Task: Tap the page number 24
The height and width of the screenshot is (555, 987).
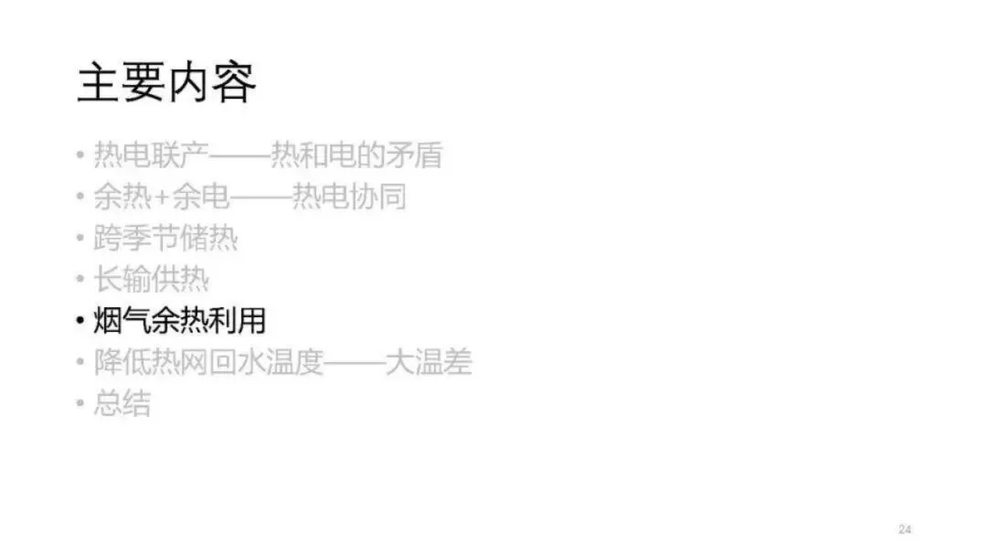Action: (x=905, y=529)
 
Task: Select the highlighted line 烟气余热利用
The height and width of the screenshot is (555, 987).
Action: (x=179, y=321)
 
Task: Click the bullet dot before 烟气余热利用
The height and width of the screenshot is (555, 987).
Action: (x=81, y=321)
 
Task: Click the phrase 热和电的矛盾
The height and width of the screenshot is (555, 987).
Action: (x=356, y=155)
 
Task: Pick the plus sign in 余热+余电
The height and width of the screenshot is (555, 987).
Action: (x=163, y=197)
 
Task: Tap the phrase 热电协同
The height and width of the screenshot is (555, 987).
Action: (x=348, y=197)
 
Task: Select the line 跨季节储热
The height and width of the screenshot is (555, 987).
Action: (x=165, y=239)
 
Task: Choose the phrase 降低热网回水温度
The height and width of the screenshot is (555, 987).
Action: (x=208, y=363)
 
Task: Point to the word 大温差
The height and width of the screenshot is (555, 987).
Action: (x=429, y=363)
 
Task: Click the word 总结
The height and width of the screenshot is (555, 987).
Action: (x=122, y=404)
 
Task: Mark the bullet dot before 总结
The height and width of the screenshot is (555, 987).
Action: (x=81, y=404)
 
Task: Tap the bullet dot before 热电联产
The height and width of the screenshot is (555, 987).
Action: (x=81, y=155)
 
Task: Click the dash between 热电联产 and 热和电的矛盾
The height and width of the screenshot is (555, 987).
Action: (x=239, y=155)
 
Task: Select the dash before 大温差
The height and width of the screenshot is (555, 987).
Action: (x=355, y=363)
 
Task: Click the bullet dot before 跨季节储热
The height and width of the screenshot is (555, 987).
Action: (x=81, y=239)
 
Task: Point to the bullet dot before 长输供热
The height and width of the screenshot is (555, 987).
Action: (x=81, y=280)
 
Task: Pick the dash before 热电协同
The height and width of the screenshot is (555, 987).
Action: (x=260, y=197)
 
